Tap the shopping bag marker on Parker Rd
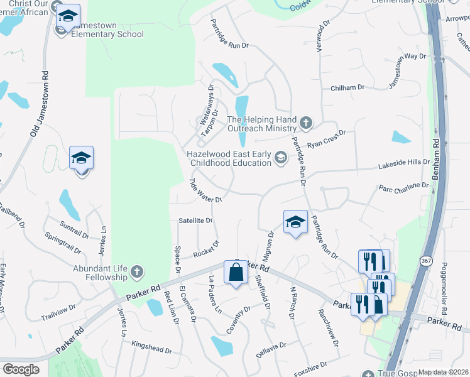[236, 273]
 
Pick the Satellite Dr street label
[196, 221]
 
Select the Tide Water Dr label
[205, 190]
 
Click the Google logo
[21, 369]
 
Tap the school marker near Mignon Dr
[295, 222]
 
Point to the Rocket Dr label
[206, 249]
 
